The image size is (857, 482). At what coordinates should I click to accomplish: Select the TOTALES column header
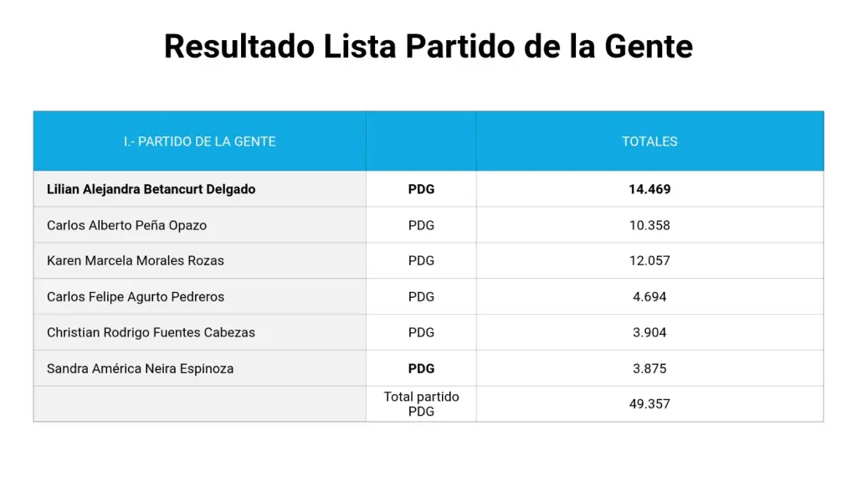[x=649, y=141]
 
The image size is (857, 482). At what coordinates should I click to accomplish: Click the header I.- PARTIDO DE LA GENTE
[x=199, y=141]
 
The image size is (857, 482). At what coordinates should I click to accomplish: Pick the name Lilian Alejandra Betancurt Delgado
[x=151, y=189]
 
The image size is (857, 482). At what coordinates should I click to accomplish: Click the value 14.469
[x=649, y=189]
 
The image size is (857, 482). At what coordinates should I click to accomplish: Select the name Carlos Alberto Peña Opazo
[x=126, y=225]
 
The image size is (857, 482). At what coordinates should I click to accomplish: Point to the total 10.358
[x=649, y=225]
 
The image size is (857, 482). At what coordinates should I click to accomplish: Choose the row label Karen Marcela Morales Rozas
[x=136, y=260]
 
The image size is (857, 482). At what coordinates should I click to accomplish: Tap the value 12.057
[x=649, y=260]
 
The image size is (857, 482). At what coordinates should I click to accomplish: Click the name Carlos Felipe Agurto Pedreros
[x=136, y=296]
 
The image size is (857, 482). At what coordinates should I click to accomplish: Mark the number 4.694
[x=649, y=296]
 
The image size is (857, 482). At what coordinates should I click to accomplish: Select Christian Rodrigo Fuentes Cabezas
[x=151, y=332]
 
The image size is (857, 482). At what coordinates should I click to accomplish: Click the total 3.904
[x=649, y=332]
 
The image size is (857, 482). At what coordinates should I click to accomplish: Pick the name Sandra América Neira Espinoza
[x=140, y=368]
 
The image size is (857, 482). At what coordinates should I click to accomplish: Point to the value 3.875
[x=649, y=368]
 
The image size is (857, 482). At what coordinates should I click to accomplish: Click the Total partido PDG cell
[x=421, y=403]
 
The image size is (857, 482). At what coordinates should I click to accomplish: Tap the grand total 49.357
[x=649, y=403]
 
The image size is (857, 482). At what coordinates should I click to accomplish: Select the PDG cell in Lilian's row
[x=421, y=189]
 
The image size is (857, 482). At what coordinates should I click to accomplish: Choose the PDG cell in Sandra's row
[x=421, y=368]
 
